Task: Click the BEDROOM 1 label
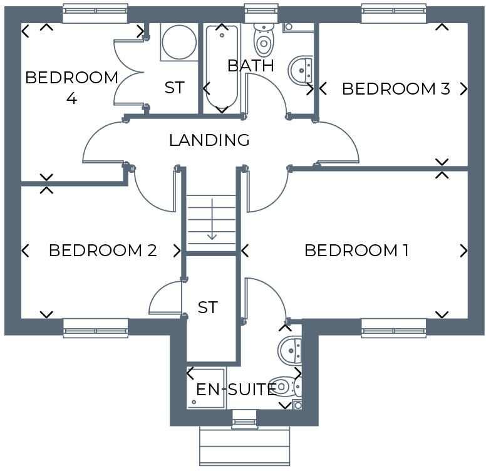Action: pos(356,251)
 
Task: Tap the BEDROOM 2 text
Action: pos(103,251)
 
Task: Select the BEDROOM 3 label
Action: pos(396,89)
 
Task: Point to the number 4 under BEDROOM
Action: pos(71,99)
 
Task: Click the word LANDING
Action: pos(209,140)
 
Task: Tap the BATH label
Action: pos(251,65)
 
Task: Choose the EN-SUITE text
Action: pos(236,390)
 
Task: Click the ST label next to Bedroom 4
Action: pos(174,88)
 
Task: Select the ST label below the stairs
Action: pos(207,308)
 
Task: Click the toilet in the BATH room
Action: pos(263,39)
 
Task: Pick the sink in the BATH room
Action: pos(302,70)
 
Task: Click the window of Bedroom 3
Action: pos(393,13)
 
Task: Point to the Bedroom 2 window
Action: pos(96,328)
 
